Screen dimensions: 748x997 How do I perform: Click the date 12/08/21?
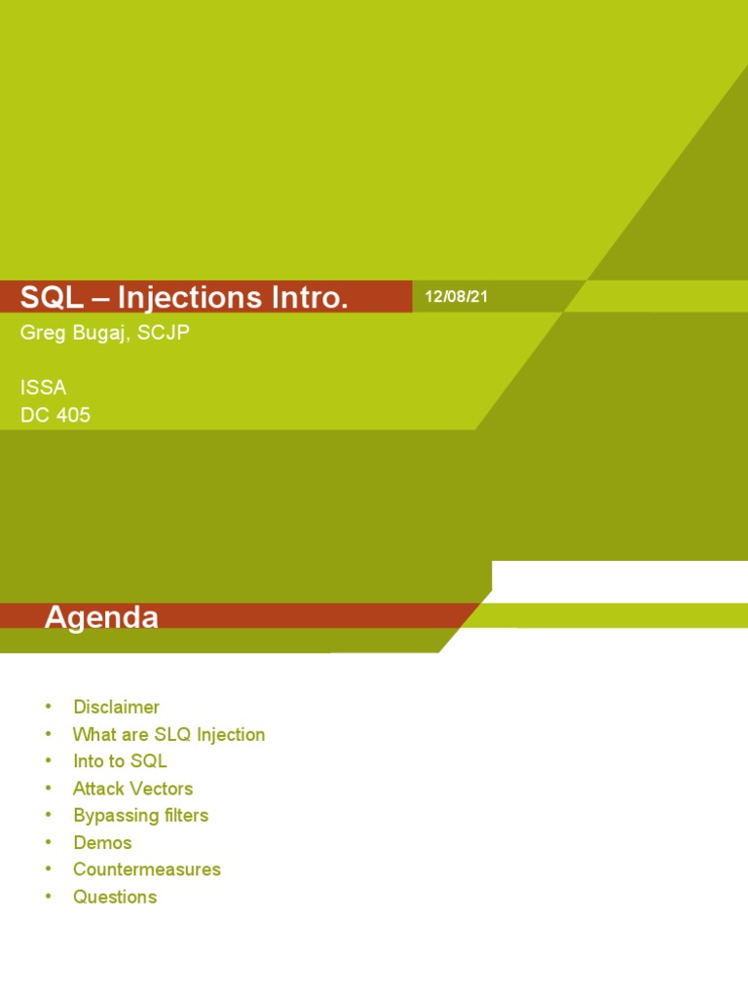456,296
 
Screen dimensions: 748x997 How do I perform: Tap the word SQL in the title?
52,297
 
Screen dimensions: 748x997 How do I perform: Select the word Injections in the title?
190,298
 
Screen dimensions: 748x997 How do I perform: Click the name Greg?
43,333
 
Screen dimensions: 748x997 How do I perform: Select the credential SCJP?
163,332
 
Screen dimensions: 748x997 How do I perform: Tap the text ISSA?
43,388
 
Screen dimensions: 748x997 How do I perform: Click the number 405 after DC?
73,415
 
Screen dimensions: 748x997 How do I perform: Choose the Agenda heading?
101,616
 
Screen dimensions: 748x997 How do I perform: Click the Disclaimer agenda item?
117,707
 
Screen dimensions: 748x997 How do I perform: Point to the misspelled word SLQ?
172,734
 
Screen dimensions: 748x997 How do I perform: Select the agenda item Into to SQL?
120,761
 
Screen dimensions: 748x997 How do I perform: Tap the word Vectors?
161,789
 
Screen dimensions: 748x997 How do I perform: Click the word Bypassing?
116,816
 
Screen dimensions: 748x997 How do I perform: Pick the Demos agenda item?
102,842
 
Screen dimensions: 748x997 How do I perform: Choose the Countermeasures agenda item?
147,869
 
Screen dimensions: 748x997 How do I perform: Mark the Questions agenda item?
115,897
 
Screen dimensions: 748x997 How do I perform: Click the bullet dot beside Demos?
48,842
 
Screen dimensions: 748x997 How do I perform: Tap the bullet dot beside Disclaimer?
48,706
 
